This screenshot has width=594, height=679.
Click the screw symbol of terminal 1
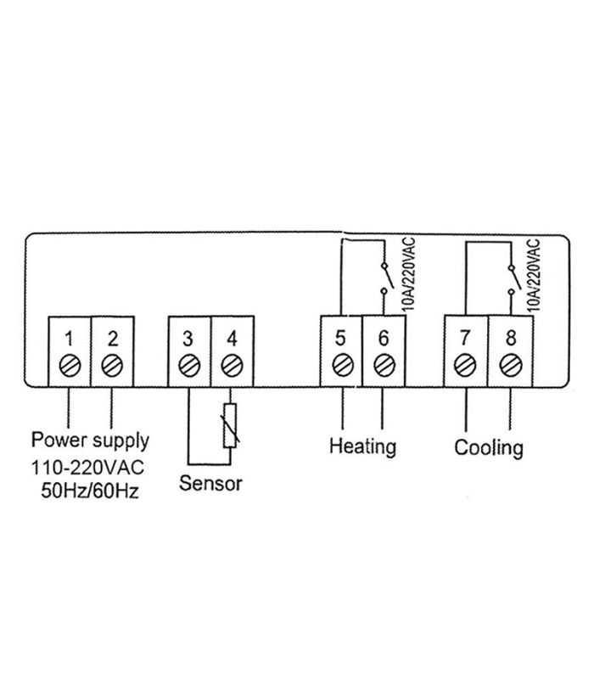coord(69,368)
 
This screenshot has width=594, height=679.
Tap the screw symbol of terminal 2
coord(111,368)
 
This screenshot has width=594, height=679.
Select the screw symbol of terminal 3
coord(188,368)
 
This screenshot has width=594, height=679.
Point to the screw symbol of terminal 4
coord(230,368)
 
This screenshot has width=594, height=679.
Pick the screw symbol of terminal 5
coord(340,367)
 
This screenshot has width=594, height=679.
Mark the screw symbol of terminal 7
coord(465,367)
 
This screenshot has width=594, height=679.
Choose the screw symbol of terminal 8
coord(509,367)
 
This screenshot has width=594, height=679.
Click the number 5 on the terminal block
coord(340,338)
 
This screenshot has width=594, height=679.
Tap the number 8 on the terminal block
coord(509,338)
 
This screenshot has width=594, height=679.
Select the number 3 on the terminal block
coord(188,339)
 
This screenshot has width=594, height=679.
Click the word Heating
coord(362,446)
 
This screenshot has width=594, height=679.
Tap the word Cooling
coord(489,446)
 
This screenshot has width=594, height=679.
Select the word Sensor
coord(210,484)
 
